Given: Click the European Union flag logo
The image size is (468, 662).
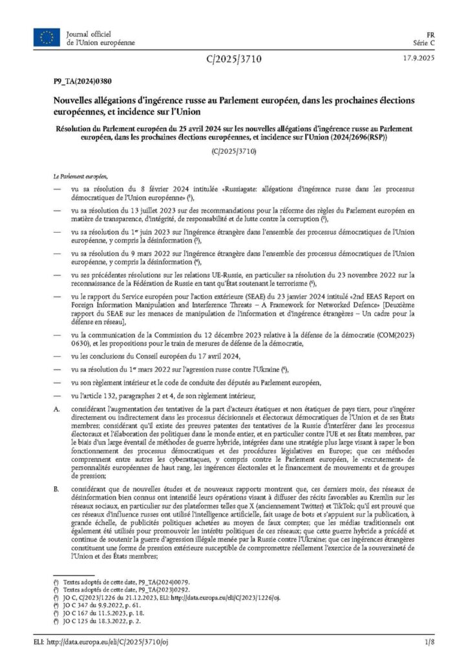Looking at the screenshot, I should click(47, 37).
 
